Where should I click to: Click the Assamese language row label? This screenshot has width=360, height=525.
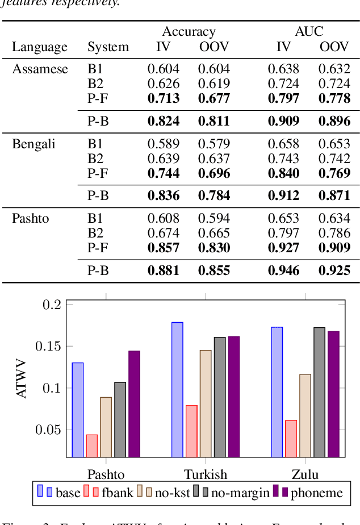[x=40, y=69]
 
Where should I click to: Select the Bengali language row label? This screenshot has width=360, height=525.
[x=34, y=144]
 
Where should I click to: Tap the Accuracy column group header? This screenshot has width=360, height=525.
[x=189, y=32]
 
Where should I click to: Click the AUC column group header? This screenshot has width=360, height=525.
[x=309, y=32]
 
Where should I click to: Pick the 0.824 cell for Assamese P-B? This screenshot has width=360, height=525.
[x=164, y=120]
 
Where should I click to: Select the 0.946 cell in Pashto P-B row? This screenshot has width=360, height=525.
[x=283, y=270]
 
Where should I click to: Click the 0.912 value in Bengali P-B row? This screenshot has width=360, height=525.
[x=283, y=195]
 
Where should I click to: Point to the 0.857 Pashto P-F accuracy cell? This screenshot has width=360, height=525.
[x=164, y=248]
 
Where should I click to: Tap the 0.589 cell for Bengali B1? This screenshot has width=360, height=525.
[x=164, y=144]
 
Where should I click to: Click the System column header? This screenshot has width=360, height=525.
[x=108, y=47]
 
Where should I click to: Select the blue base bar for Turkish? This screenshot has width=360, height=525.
[x=177, y=389]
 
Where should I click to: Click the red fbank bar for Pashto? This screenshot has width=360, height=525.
[x=91, y=445]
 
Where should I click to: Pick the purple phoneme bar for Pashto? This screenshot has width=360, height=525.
[x=134, y=403]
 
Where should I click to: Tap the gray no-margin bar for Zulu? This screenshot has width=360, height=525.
[x=319, y=392]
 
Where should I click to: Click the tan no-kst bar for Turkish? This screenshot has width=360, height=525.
[x=205, y=403]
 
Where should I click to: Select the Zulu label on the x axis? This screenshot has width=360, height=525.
[x=304, y=474]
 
